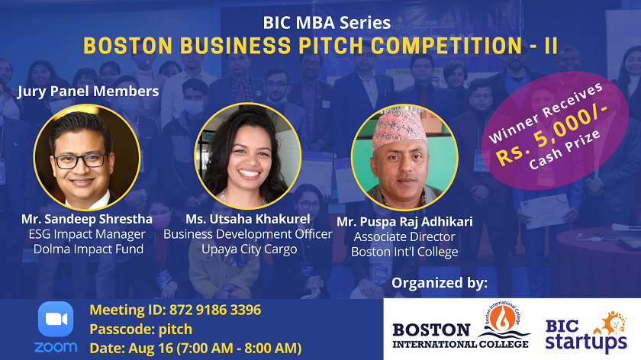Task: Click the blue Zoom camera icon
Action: click(56, 319)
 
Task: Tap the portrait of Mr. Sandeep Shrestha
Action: click(87, 157)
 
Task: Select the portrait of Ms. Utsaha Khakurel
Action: click(248, 156)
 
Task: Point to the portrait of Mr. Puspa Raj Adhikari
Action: click(404, 158)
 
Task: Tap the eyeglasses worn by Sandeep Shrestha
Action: click(82, 160)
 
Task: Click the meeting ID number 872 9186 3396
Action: click(215, 310)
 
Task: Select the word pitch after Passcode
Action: click(175, 329)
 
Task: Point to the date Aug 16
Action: click(151, 348)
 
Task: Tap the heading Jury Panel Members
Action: click(89, 91)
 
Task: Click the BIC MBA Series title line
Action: click(327, 22)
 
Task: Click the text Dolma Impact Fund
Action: click(89, 249)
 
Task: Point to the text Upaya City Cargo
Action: click(250, 249)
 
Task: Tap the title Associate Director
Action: click(404, 236)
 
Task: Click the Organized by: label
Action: click(440, 282)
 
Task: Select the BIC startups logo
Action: click(586, 331)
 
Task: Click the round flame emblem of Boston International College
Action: click(502, 317)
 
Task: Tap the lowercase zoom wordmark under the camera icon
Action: click(56, 347)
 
